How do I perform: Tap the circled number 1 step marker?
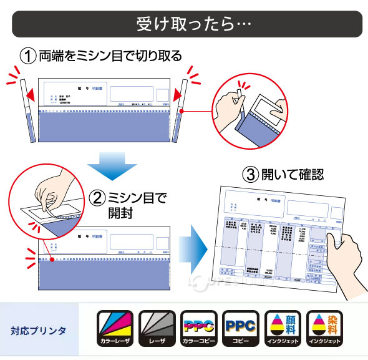click(29, 56)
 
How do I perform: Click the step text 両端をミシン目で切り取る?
click(110, 56)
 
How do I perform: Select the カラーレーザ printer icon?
click(115, 328)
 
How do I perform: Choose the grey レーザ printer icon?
click(156, 328)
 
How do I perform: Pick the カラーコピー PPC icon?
click(198, 328)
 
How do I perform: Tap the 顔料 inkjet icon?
click(283, 328)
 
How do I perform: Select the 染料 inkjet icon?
click(324, 328)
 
